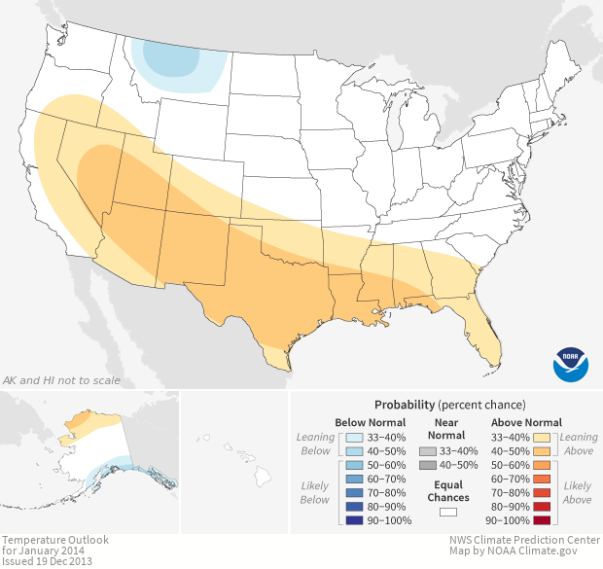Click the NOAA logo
[x=570, y=363]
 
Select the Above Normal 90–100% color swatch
[x=544, y=520]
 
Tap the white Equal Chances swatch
[x=447, y=512]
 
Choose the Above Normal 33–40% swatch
[x=544, y=438]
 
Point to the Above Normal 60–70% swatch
[x=544, y=480]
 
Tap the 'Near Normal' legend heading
[x=447, y=429]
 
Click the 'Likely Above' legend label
[x=577, y=492]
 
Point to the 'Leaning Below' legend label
[x=316, y=444]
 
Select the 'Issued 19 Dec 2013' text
[x=48, y=561]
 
